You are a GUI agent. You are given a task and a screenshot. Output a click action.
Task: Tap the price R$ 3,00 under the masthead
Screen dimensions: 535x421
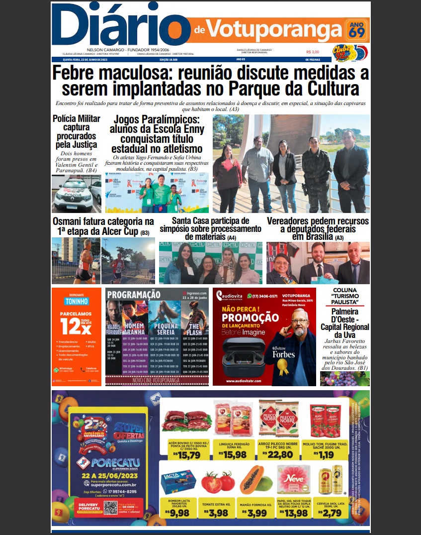tap(313, 52)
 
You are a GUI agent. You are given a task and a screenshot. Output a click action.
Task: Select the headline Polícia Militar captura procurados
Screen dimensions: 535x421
tap(76, 132)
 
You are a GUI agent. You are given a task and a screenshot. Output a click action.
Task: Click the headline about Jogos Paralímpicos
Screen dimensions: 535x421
tap(157, 134)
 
